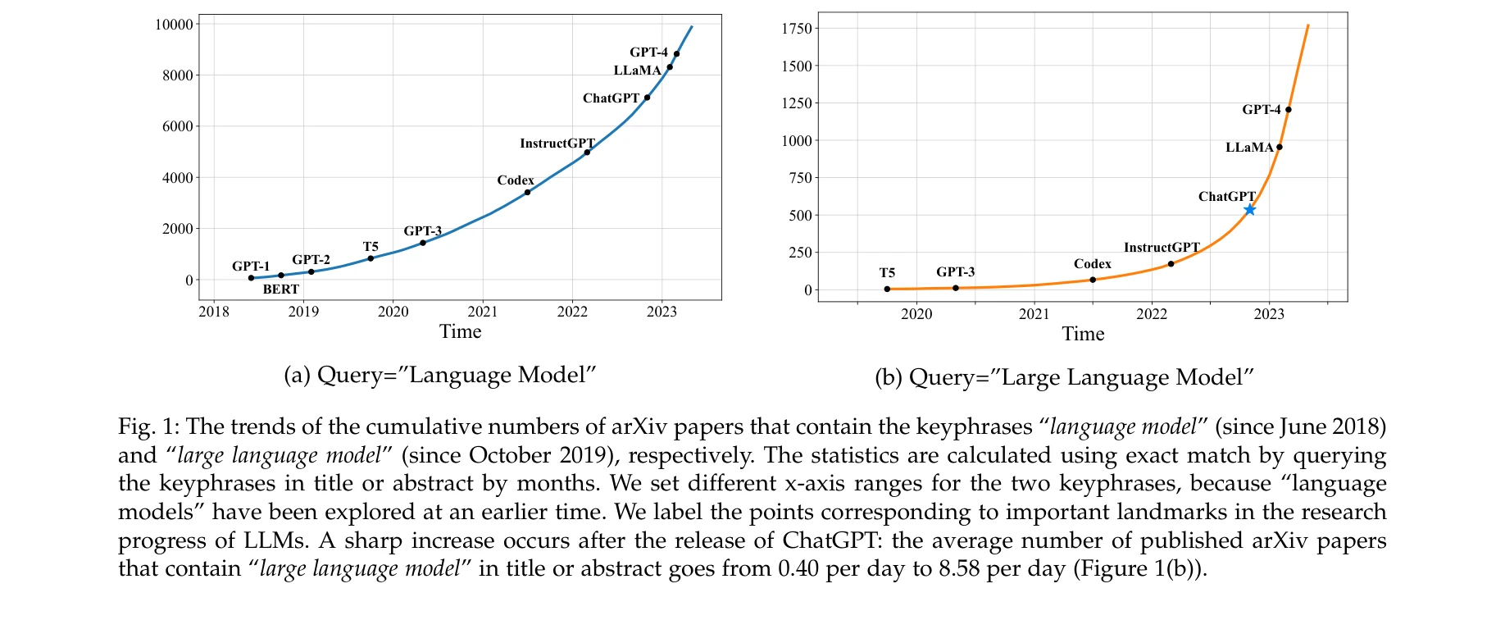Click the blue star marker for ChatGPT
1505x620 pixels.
[1249, 210]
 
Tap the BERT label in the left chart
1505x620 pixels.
[280, 289]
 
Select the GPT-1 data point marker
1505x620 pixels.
[251, 278]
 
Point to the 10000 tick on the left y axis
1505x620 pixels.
[174, 25]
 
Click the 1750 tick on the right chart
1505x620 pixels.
[797, 29]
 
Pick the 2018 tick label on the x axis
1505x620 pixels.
[214, 312]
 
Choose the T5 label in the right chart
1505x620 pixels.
[887, 272]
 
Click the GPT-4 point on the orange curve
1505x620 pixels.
[1289, 110]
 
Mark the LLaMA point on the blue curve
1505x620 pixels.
[670, 67]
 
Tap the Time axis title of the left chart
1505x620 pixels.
[460, 331]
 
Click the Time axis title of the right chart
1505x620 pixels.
[1083, 334]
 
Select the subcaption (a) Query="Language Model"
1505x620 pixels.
[439, 375]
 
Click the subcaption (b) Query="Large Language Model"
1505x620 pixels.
[1065, 377]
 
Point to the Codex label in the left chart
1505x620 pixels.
[515, 180]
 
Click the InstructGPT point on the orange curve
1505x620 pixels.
[1171, 264]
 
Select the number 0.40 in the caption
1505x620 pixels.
[798, 569]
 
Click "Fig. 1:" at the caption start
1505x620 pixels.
[148, 426]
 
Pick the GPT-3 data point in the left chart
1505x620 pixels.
[423, 243]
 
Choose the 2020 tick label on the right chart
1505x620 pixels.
[916, 314]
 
